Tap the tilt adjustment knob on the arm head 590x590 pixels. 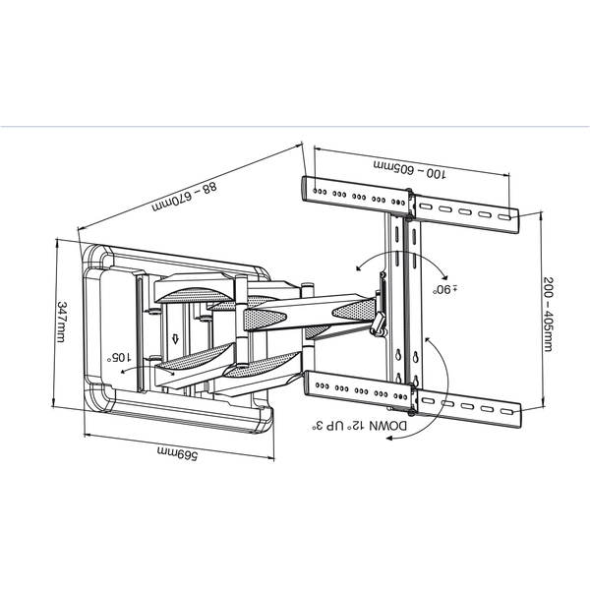[x=377, y=324]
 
